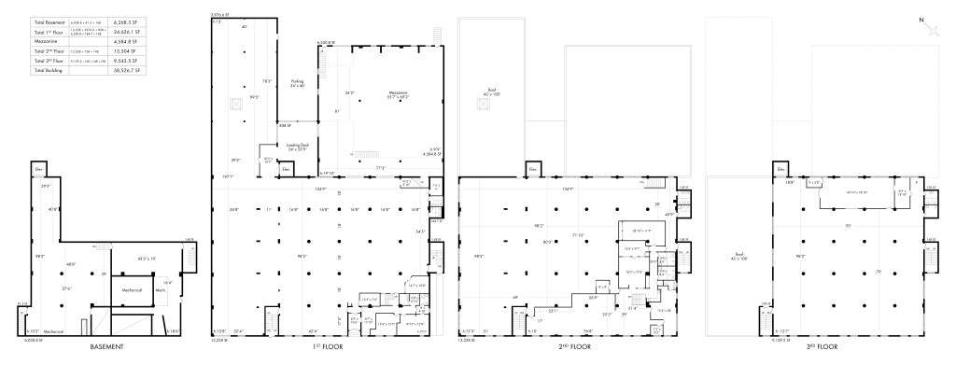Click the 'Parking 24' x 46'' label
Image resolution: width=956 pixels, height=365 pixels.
click(298, 83)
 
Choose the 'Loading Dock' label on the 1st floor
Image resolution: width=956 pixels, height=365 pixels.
click(298, 146)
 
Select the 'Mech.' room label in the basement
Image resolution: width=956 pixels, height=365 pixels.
click(160, 289)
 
